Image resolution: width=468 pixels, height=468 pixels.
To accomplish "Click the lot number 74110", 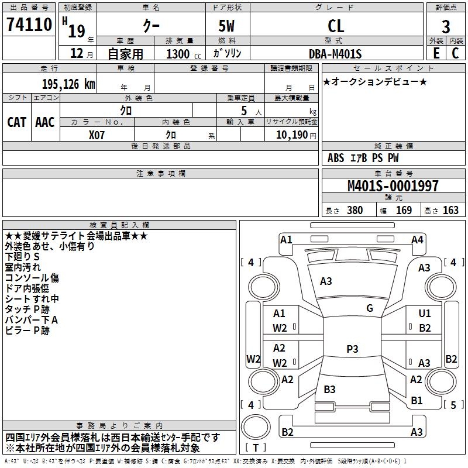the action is tap(29, 24).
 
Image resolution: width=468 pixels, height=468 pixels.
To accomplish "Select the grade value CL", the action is tap(336, 26).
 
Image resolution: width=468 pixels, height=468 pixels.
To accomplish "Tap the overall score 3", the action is tap(446, 27).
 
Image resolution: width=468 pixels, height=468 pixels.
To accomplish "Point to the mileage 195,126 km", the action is tap(68, 84).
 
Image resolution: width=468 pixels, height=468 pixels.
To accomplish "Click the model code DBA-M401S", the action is tap(335, 54).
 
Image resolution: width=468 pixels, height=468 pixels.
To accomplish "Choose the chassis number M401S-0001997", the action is tap(393, 186).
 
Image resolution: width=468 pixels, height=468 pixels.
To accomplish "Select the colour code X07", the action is tap(97, 135).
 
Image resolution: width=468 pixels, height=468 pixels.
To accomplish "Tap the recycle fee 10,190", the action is tap(292, 135).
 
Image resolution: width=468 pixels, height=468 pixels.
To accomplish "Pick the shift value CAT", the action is tap(17, 122).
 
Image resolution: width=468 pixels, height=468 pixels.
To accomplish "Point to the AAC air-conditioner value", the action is tap(45, 122).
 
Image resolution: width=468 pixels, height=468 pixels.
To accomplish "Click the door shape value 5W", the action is tap(226, 26).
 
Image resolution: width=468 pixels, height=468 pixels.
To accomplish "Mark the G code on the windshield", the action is tap(370, 308).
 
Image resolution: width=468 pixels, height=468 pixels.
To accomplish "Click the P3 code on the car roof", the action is tap(352, 349).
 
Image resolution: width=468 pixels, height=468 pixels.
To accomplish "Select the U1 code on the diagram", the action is tap(425, 314).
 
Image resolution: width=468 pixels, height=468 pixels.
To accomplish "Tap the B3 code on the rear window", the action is tap(329, 389).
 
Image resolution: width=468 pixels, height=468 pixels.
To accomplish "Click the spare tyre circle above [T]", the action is tap(256, 427).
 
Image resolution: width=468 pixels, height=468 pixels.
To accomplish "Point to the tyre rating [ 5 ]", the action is tap(453, 405).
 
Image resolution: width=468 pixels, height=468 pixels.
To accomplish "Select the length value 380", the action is tap(355, 211).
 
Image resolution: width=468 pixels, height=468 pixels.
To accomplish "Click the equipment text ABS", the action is tap(336, 158).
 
